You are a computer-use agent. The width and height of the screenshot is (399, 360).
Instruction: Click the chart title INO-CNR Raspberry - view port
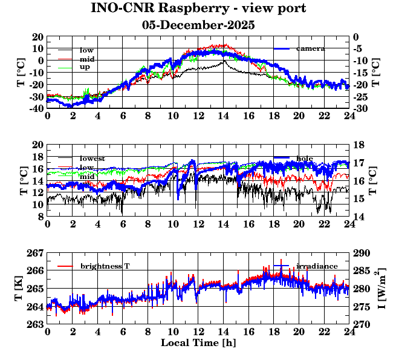point(198,8)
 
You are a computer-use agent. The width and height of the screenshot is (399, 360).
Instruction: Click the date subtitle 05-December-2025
point(198,25)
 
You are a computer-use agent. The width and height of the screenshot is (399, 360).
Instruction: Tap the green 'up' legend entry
point(85,67)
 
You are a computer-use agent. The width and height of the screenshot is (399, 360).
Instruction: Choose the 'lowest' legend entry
point(92,159)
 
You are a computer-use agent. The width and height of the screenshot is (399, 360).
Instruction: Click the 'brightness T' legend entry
point(105,266)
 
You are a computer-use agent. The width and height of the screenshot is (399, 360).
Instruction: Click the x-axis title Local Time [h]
point(198,343)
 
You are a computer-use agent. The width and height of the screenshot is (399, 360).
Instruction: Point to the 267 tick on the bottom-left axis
point(36,252)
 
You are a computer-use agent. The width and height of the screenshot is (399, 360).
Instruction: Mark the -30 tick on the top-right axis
point(360,108)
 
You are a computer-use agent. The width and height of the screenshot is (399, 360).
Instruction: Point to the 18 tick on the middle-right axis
point(359,145)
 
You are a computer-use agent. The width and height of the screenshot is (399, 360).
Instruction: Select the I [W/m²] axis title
point(383,288)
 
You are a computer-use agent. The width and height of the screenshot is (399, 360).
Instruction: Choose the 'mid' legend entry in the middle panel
point(86,176)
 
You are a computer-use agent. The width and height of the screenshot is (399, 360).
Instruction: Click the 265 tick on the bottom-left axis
point(36,289)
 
